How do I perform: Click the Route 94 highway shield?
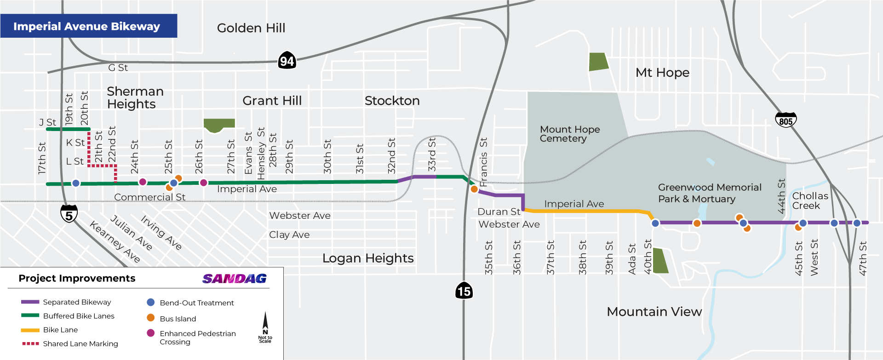pos(287,61)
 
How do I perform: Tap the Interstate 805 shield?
pos(786,120)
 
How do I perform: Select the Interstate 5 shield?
pos(69,214)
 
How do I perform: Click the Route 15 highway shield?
pos(464,291)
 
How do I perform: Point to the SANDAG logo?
pos(235,279)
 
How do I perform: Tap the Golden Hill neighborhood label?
pos(251,28)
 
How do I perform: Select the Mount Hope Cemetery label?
pos(569,134)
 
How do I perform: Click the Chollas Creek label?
pos(810,201)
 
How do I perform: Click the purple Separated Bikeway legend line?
pos(30,302)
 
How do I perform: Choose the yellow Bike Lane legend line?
pos(30,330)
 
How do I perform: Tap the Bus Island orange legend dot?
pos(150,318)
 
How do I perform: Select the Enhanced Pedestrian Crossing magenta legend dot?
pos(150,333)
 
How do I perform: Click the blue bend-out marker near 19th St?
pos(76,183)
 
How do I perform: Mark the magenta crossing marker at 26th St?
pos(204,183)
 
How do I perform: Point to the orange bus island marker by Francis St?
pos(474,189)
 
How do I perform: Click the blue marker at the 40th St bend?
pos(655,223)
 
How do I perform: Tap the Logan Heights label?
pos(368,258)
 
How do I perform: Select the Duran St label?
pos(499,211)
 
